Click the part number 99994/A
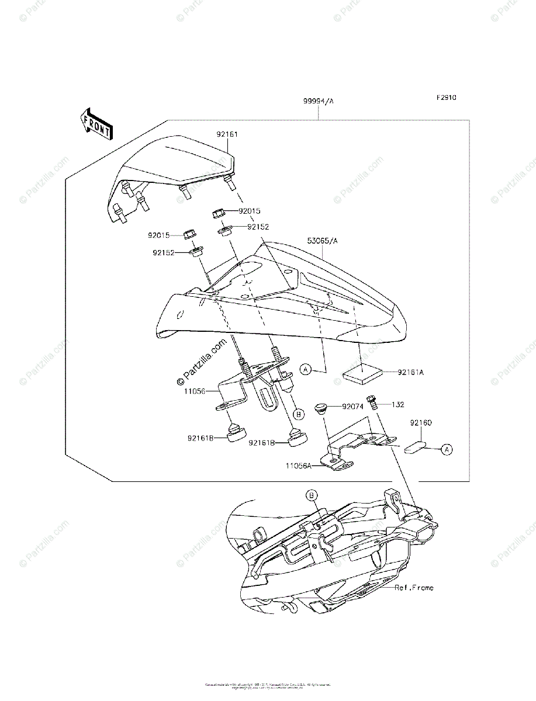click(318, 101)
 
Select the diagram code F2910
click(445, 98)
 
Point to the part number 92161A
click(411, 372)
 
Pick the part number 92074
click(354, 405)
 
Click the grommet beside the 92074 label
click(321, 407)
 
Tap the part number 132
click(398, 404)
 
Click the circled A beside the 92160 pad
click(446, 449)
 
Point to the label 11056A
click(299, 466)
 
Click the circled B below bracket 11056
click(298, 414)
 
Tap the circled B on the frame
click(312, 495)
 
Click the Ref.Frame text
click(414, 588)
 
